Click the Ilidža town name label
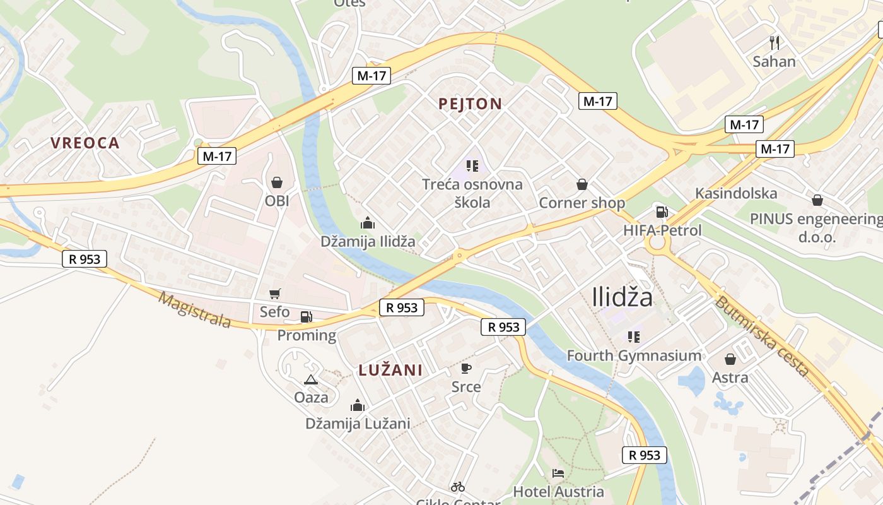tap(623, 297)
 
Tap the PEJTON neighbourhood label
tap(471, 104)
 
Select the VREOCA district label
tap(85, 143)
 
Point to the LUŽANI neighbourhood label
tap(390, 371)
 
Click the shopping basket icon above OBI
tap(276, 183)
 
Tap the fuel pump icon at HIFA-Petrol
tap(662, 212)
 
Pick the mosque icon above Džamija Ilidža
tap(367, 223)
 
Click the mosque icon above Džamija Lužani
tap(358, 405)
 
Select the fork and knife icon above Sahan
tap(775, 43)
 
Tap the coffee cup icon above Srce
tap(466, 368)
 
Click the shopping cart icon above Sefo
tap(274, 294)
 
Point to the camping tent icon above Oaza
tap(310, 379)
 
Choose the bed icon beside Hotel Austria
tap(558, 473)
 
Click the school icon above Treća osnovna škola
tap(472, 166)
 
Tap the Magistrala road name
tap(194, 309)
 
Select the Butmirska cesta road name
tap(762, 335)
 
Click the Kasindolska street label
tap(736, 193)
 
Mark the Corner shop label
tap(582, 203)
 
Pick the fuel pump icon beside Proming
tap(306, 317)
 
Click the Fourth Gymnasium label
tap(634, 355)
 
